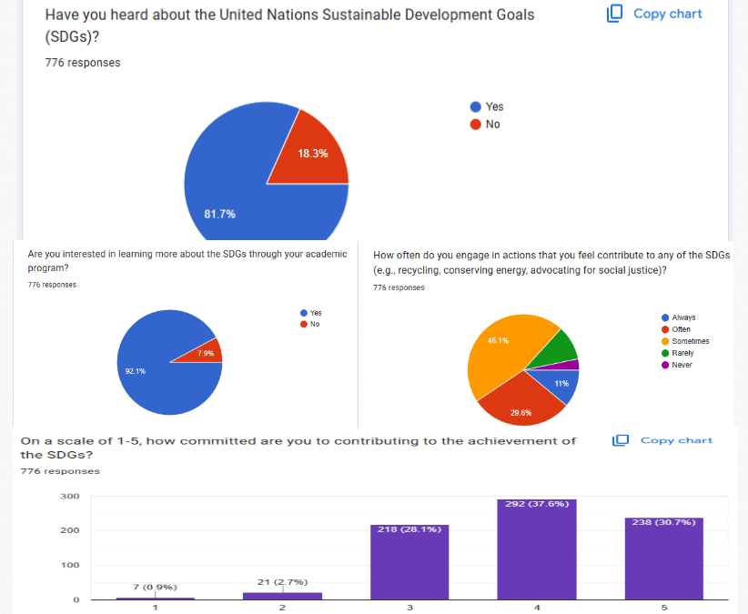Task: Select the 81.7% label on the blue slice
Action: point(219,214)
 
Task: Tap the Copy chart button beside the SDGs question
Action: point(654,14)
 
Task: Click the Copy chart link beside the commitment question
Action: point(662,440)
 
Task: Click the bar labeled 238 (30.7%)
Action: point(663,559)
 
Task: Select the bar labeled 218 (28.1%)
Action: point(409,564)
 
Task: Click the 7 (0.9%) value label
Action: point(155,587)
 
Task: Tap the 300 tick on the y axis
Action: point(70,497)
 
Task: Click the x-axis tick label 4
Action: point(538,608)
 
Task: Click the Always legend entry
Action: point(682,317)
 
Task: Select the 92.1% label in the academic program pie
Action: point(134,370)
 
